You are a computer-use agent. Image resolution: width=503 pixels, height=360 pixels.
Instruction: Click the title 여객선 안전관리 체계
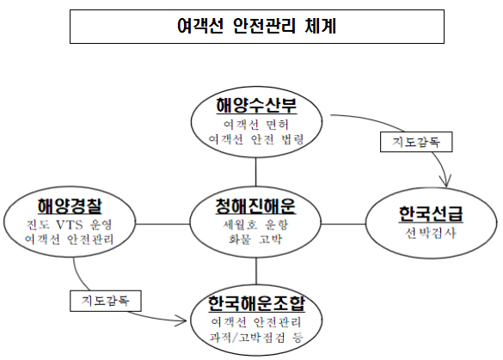point(256,26)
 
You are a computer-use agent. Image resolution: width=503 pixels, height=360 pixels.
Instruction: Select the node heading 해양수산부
point(256,106)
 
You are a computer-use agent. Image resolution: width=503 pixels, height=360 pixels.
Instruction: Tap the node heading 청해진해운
point(255,206)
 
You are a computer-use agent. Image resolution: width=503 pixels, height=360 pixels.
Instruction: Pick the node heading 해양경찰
point(70,206)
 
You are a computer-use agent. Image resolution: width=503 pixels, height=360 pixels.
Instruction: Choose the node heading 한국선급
point(431,214)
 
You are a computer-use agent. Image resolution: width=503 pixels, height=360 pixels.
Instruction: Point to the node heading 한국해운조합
point(256,303)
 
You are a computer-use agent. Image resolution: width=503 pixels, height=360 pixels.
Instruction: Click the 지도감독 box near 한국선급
point(416,142)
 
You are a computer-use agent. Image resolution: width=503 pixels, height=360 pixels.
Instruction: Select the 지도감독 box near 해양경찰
point(106,301)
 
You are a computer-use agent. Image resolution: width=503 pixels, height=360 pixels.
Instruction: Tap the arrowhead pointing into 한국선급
point(446,185)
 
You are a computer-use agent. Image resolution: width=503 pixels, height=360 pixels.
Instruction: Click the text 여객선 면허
point(256,125)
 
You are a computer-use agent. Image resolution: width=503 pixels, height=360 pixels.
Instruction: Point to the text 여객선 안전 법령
point(256,139)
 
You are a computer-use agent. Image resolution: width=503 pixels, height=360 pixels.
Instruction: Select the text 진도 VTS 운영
point(70,225)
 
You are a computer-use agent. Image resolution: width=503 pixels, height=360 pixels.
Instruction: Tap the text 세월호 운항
point(255,225)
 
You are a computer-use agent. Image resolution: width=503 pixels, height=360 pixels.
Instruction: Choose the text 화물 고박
point(255,239)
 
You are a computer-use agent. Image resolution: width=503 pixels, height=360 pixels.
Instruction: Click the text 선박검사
point(431,233)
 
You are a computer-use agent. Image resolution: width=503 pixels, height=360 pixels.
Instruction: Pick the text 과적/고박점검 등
point(256,338)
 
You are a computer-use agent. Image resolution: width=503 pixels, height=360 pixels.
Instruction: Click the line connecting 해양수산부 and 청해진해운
point(256,172)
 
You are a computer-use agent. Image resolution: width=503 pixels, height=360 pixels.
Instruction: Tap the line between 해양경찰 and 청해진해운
point(163,223)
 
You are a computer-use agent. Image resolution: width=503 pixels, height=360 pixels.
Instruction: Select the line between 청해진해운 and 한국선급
point(343,223)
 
